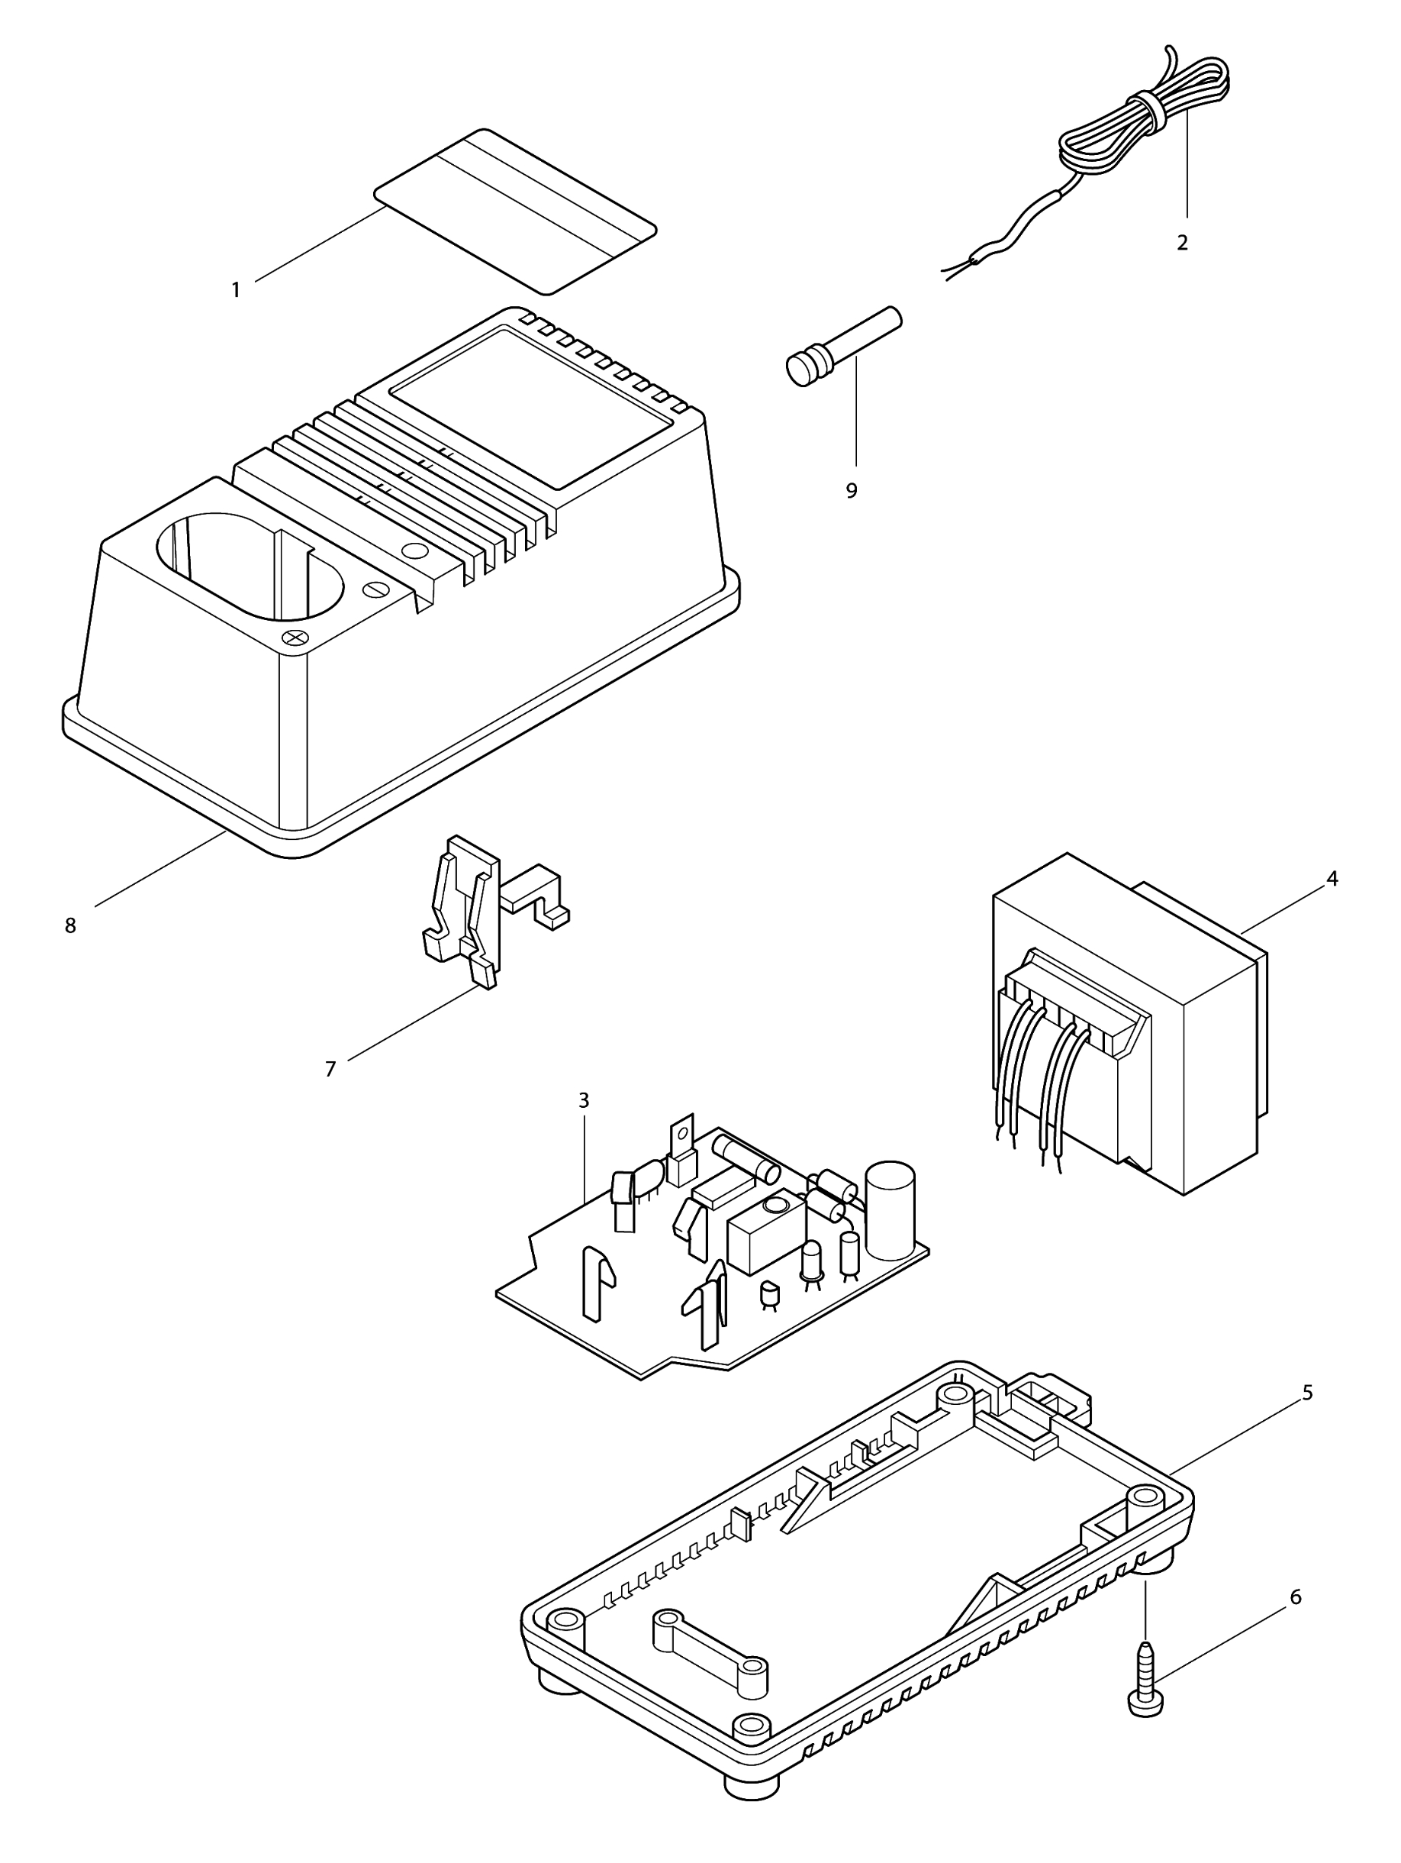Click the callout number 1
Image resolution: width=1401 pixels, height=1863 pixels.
pyautogui.click(x=236, y=289)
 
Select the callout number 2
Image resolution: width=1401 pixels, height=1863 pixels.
pyautogui.click(x=1182, y=243)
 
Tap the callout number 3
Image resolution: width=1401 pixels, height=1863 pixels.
pyautogui.click(x=584, y=1100)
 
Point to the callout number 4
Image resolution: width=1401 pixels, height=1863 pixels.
pyautogui.click(x=1332, y=879)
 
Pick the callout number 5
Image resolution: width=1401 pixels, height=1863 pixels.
pyautogui.click(x=1308, y=1393)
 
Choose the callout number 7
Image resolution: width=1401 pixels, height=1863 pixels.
pyautogui.click(x=330, y=1069)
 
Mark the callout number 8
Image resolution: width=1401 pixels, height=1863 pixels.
pyautogui.click(x=71, y=925)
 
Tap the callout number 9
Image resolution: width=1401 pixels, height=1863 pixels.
pyautogui.click(x=852, y=490)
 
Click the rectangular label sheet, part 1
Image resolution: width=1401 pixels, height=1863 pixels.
pyautogui.click(x=515, y=211)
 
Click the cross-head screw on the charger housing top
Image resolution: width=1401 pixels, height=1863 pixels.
pyautogui.click(x=294, y=638)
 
